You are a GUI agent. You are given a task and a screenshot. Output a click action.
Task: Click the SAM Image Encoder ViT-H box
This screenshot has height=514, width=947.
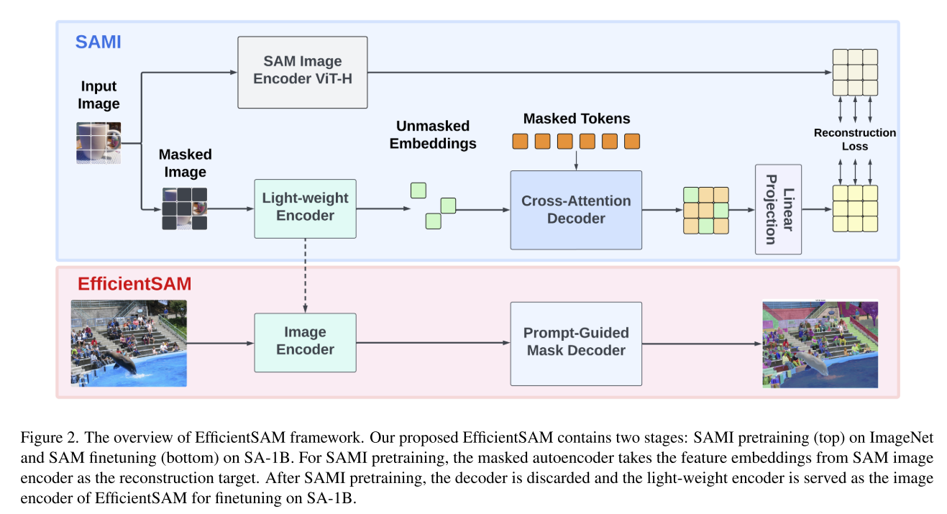(302, 71)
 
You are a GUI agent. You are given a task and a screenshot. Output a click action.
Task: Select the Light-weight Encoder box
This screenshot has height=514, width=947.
(305, 208)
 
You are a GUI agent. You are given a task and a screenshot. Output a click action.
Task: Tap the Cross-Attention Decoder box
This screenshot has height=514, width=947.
(576, 210)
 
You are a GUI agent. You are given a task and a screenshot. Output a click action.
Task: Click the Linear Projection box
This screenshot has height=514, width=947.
(778, 209)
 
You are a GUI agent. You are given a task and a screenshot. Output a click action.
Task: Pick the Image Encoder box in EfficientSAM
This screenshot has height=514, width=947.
(305, 341)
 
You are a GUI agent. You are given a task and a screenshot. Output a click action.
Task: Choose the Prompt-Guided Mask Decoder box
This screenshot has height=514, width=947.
(576, 341)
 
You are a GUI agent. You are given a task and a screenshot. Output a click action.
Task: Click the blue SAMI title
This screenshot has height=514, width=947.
(99, 42)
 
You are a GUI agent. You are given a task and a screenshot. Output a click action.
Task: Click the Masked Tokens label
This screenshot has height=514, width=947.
(576, 119)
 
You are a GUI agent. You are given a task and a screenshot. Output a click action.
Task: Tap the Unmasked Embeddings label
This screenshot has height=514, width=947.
(433, 134)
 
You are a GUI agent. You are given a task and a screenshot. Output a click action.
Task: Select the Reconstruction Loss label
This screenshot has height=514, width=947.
(855, 139)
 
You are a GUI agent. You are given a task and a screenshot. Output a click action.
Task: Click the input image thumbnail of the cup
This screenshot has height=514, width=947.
(99, 143)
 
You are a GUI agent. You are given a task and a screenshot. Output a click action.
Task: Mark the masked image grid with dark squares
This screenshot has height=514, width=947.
(184, 208)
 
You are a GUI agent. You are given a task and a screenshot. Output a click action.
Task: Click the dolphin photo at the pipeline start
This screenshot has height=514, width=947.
(129, 343)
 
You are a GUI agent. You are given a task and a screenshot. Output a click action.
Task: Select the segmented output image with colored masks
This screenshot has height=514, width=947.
(820, 344)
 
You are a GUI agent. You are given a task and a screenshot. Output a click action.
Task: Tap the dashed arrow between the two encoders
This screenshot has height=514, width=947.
(306, 276)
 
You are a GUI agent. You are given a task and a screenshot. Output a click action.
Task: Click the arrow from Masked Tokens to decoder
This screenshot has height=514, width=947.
(576, 160)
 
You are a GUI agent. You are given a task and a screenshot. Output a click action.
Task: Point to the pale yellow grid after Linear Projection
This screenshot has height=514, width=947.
(855, 208)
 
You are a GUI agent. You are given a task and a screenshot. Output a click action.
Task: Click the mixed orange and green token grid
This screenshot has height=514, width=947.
(705, 210)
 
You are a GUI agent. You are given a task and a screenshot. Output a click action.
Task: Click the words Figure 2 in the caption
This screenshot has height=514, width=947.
(45, 439)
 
